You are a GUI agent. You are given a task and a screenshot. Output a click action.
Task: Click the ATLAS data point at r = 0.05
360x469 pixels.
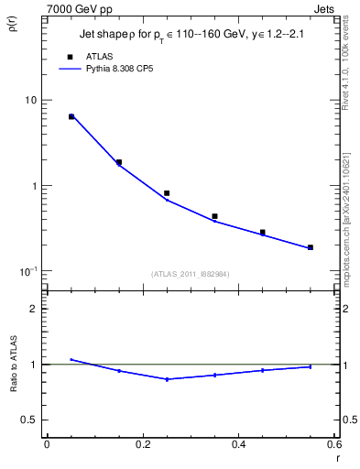click(x=71, y=116)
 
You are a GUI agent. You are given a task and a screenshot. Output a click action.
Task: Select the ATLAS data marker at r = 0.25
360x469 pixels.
click(x=167, y=193)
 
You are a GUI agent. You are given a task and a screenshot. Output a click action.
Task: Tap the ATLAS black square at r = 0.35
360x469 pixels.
click(x=214, y=216)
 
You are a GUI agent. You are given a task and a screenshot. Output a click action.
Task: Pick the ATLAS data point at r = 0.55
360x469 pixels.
click(x=311, y=247)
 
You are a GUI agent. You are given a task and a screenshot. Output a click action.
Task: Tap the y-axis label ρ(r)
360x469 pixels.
click(x=14, y=28)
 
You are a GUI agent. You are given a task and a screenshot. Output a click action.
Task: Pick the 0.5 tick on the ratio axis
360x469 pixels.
click(x=31, y=420)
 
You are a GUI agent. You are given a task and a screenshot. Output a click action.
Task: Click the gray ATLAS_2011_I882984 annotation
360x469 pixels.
click(x=191, y=273)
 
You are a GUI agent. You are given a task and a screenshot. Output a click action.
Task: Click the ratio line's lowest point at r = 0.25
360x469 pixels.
click(x=167, y=379)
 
